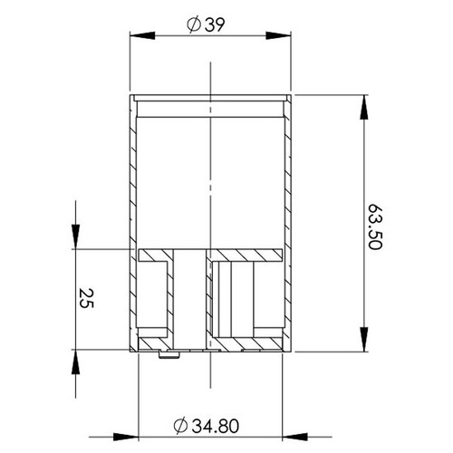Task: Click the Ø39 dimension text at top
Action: pos(209,26)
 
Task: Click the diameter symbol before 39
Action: pos(192,26)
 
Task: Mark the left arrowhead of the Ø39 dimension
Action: pos(137,37)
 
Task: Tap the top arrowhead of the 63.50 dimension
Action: pos(365,101)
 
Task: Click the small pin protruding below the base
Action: pos(168,354)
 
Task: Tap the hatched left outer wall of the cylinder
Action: pos(134,181)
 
